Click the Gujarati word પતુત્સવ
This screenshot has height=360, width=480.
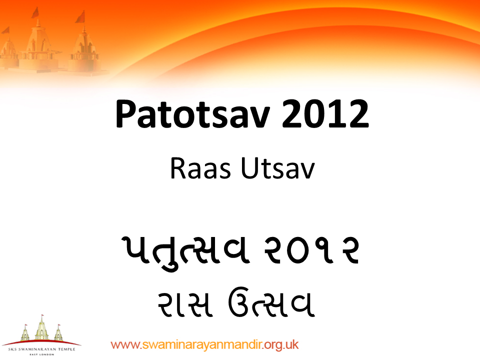180,251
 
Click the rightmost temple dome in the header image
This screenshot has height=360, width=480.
83,47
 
